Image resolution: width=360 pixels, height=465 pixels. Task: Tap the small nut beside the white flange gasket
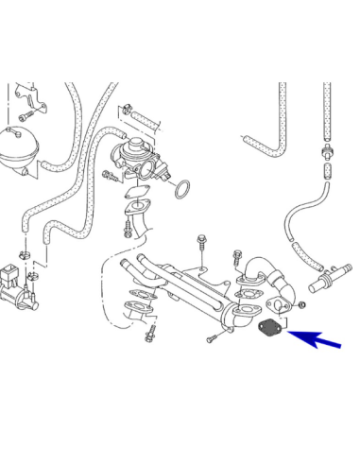click(300, 308)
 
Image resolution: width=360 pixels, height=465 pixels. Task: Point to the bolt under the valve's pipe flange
click(127, 230)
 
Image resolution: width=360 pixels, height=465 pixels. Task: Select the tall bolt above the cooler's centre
click(203, 244)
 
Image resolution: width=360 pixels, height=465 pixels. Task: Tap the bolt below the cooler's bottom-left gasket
click(149, 334)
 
